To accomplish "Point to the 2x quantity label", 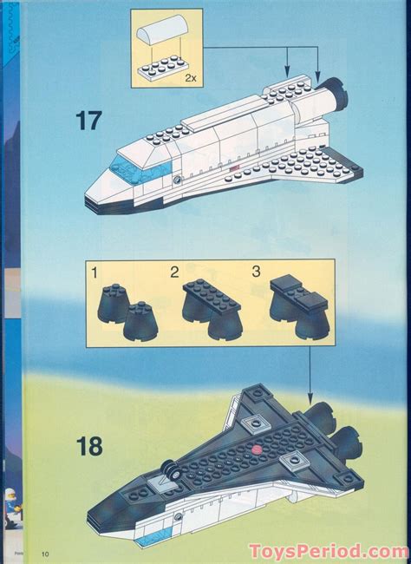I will point(191,77).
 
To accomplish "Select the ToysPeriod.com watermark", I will point(328,551).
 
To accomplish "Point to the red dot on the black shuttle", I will point(258,449).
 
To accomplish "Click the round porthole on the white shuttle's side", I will point(177,180).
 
